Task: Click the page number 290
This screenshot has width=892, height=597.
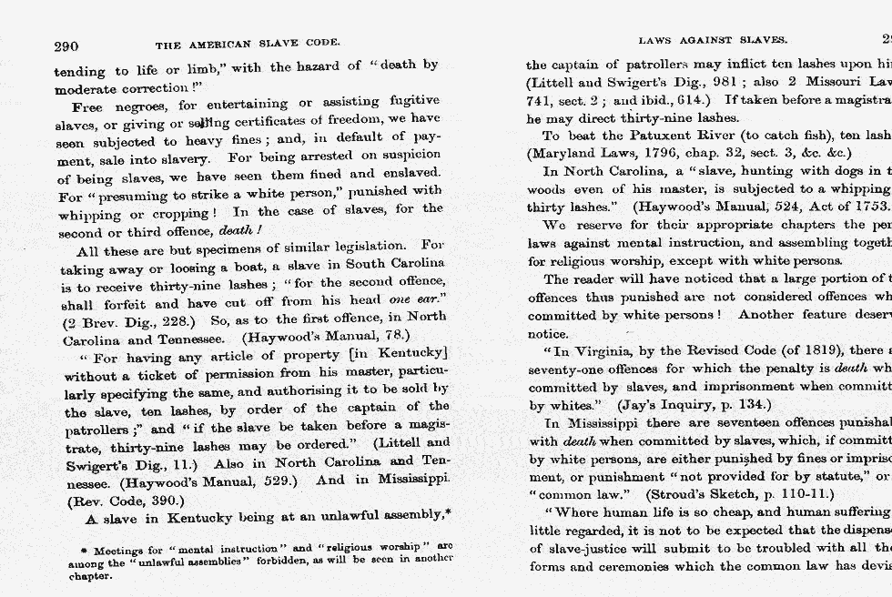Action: [66, 46]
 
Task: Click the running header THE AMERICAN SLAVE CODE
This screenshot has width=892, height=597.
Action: [248, 44]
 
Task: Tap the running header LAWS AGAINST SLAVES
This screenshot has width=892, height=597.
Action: [713, 41]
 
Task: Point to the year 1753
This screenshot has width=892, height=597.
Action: [869, 206]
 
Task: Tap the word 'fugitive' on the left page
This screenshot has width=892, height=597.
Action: [415, 100]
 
